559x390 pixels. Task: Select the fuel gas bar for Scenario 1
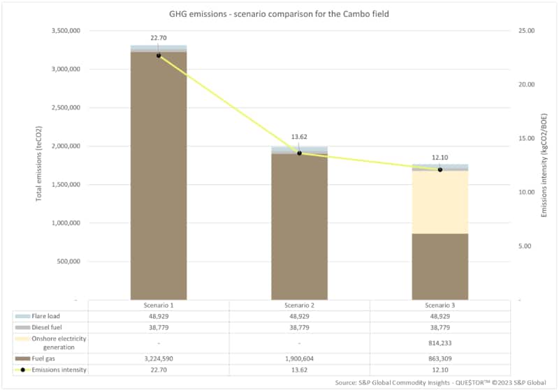(159, 174)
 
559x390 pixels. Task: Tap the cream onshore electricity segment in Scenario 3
(440, 202)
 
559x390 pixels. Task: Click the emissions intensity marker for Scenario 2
(299, 153)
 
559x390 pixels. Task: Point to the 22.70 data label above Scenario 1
(159, 38)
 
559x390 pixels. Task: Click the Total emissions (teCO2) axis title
(39, 165)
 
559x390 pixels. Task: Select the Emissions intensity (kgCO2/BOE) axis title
(544, 165)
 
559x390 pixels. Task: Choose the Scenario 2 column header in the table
(299, 306)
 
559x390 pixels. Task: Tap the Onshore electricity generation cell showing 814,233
(440, 343)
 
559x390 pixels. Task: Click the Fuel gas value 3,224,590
(159, 359)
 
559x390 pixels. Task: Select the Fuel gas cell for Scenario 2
(299, 359)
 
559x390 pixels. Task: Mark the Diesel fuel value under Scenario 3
(440, 327)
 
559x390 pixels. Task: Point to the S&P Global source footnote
(444, 382)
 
